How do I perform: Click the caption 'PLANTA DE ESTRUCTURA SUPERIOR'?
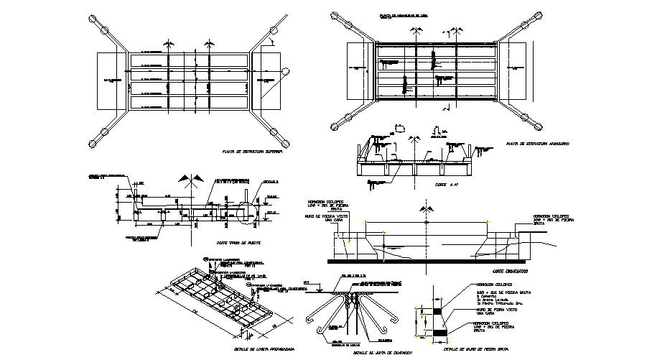coord(253,153)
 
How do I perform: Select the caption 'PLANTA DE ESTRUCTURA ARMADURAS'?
coord(537,144)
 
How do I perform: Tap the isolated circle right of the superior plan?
coord(286,71)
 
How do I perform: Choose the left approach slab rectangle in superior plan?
coord(111,80)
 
